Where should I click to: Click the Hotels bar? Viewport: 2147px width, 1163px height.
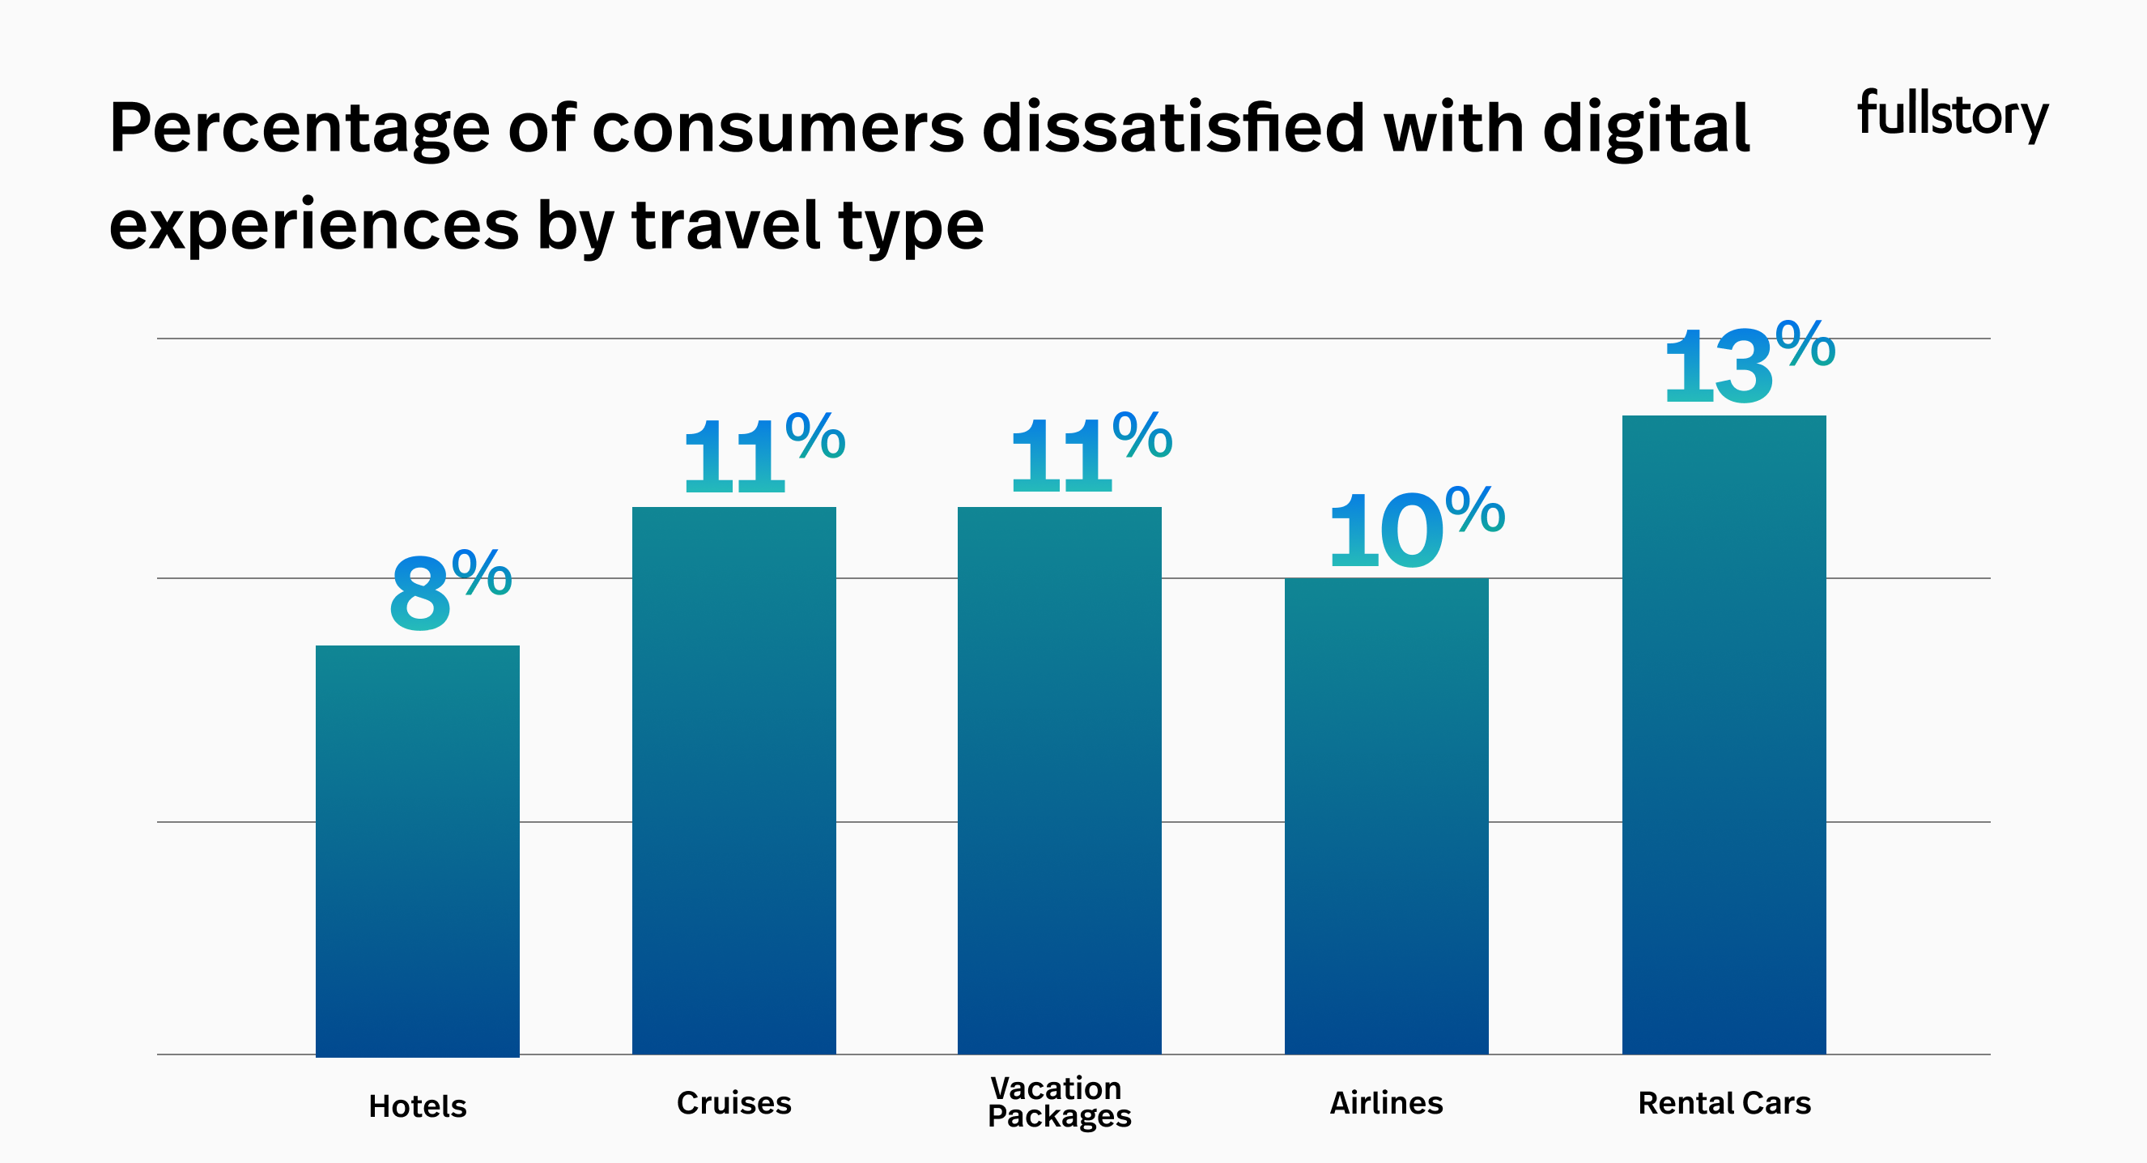tap(418, 850)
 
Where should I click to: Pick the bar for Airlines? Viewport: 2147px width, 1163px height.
tap(1386, 816)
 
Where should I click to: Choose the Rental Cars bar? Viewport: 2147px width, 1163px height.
tap(1724, 734)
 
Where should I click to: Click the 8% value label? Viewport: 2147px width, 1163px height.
tap(450, 590)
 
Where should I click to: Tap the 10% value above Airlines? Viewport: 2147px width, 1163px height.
tap(1415, 529)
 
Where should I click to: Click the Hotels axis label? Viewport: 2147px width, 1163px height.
tap(418, 1106)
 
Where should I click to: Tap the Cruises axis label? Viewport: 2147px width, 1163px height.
tap(733, 1103)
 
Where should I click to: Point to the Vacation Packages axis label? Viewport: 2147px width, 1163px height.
tap(1059, 1101)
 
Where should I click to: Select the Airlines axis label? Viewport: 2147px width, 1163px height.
tap(1386, 1103)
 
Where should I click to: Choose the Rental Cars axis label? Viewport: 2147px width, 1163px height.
tap(1724, 1103)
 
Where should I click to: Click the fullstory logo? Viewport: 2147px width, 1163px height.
tap(1952, 114)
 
